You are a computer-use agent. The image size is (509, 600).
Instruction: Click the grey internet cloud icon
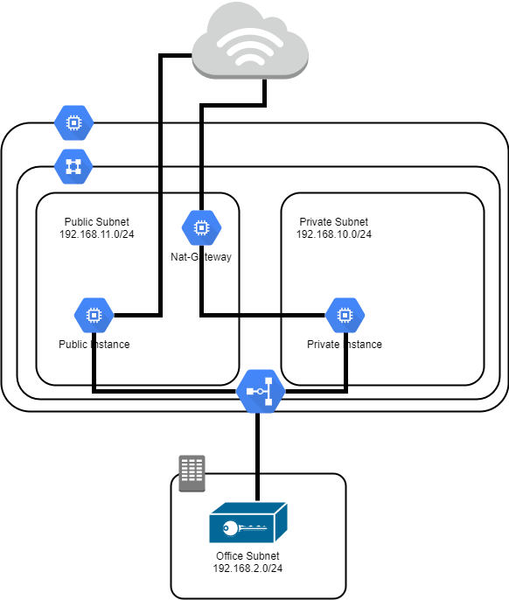(x=250, y=42)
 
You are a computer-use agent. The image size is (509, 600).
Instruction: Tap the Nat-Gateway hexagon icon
(x=201, y=227)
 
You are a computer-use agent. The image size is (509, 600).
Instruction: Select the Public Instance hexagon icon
(x=94, y=315)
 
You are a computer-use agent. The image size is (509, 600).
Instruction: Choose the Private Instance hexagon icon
(x=345, y=315)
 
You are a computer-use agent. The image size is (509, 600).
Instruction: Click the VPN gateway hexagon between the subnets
(x=261, y=391)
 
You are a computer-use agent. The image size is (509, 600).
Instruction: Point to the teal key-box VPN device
(x=248, y=522)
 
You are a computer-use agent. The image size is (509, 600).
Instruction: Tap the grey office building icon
(x=192, y=473)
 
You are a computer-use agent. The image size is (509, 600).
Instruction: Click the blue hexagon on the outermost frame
(x=73, y=122)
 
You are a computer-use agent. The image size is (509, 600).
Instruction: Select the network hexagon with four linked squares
(x=73, y=166)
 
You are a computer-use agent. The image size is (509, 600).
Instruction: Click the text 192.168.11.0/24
(x=97, y=234)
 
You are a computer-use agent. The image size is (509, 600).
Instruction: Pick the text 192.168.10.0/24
(x=334, y=234)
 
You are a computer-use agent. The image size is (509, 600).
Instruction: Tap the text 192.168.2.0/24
(x=248, y=569)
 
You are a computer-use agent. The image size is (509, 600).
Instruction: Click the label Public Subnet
(x=97, y=222)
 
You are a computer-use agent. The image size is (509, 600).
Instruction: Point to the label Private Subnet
(x=334, y=222)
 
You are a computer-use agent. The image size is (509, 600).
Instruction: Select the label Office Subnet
(x=248, y=556)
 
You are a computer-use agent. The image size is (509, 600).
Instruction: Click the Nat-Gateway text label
(x=201, y=257)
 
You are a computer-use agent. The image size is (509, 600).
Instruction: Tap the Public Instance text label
(x=94, y=345)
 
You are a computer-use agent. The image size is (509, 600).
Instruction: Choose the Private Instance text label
(x=345, y=345)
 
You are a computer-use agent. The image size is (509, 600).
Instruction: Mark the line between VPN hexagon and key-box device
(x=258, y=457)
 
